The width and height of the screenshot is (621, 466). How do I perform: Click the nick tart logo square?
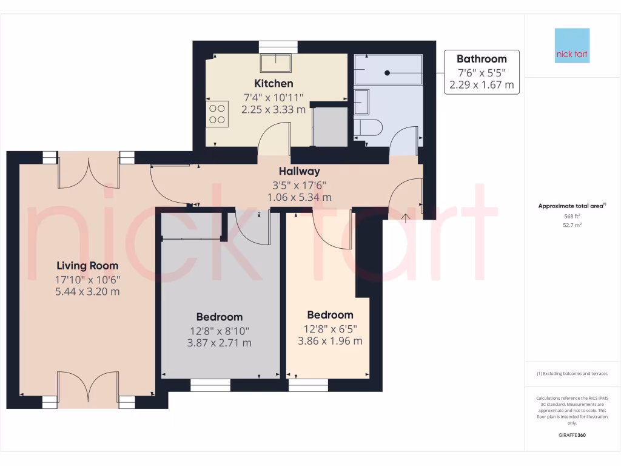coord(572,46)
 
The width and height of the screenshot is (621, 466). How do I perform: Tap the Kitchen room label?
coord(274,83)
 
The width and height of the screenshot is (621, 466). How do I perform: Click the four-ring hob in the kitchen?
coord(218,113)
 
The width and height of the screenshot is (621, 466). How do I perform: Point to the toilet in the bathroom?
coord(368,127)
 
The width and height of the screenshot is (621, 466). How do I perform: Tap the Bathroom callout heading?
coord(481,59)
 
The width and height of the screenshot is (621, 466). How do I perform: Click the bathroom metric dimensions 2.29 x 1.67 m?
coord(481,85)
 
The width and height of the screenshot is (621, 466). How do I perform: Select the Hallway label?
coord(299,171)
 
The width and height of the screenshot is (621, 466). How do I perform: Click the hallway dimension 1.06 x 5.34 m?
coord(299,197)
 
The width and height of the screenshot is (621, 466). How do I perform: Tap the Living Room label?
coord(87,265)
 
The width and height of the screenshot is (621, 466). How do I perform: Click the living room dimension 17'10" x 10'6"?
coord(87,279)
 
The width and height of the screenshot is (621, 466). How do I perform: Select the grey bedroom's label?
coord(219,317)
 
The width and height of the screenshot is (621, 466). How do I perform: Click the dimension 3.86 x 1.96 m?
coord(330,341)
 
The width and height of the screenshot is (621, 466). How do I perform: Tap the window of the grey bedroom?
coord(210,385)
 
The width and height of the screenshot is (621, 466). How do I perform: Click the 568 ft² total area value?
coord(572,216)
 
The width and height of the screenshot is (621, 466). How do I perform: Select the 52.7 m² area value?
coord(572,225)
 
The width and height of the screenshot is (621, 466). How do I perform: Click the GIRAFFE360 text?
coord(572,436)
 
